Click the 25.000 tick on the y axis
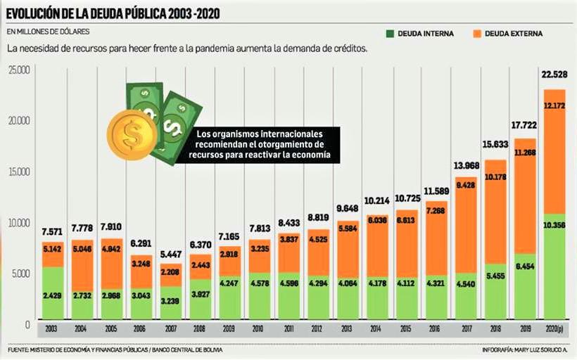click(18, 70)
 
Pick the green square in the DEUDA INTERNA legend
click(390, 33)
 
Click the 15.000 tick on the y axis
click(18, 172)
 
